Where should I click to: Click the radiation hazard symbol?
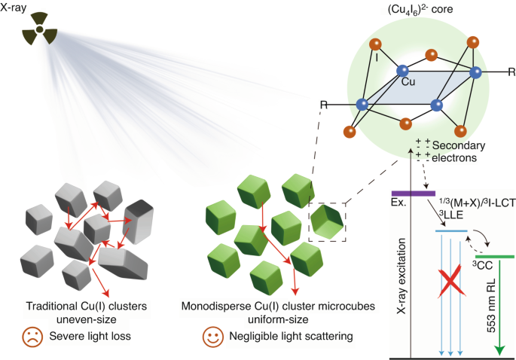coord(39,30)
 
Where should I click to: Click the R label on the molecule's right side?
coord(511,72)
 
